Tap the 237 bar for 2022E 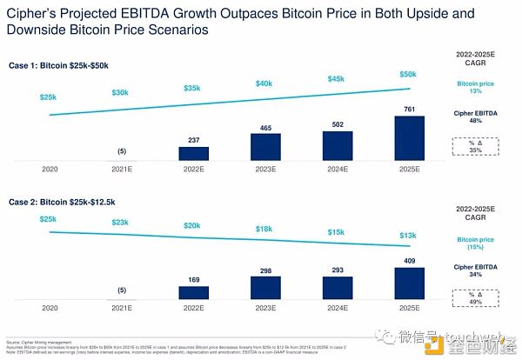tap(194, 154)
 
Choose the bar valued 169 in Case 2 tap(194, 291)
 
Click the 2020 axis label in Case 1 tap(49, 170)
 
